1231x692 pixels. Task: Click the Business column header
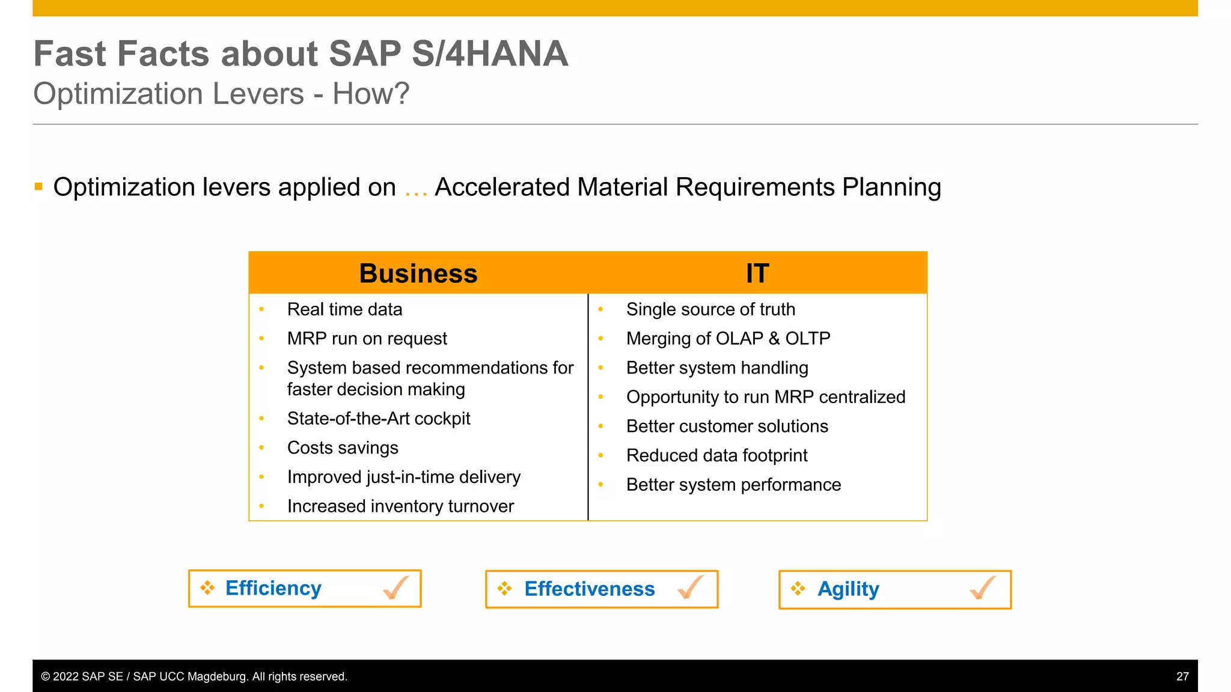click(418, 274)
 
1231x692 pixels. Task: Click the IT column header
click(757, 274)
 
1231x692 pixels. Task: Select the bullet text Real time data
click(344, 309)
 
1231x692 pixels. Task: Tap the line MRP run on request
click(367, 339)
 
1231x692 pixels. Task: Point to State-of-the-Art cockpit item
click(378, 419)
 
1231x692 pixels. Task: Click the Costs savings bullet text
click(343, 448)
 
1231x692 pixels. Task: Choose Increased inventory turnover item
click(400, 506)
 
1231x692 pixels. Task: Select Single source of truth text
click(710, 309)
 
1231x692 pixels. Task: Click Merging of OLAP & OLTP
click(728, 339)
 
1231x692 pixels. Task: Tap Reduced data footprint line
click(716, 456)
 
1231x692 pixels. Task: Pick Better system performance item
click(733, 485)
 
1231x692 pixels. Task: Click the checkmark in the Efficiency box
click(396, 587)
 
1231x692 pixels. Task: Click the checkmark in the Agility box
click(983, 587)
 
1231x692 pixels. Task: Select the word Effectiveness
click(589, 589)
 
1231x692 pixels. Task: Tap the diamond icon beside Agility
click(798, 589)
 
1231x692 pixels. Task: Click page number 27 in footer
click(1182, 676)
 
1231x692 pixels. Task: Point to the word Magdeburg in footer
click(217, 676)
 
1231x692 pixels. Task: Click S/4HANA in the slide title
click(489, 54)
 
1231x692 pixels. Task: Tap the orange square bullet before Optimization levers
click(39, 187)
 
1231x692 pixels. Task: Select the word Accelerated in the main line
click(502, 187)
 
